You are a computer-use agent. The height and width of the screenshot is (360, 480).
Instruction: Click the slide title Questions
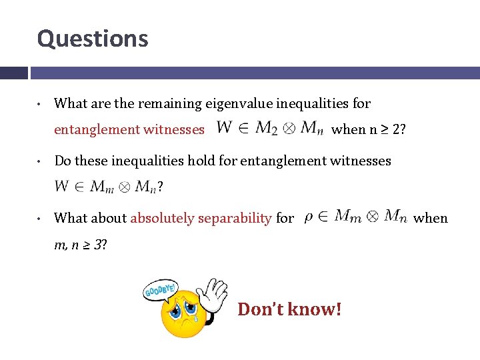point(93,39)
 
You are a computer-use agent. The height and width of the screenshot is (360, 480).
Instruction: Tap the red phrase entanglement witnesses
point(129,129)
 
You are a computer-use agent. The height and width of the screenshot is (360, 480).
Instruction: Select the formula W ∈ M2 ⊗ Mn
point(270,127)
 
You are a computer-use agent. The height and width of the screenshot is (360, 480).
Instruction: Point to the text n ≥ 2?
point(387,129)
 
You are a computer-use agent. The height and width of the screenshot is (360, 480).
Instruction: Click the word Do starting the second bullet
point(62,161)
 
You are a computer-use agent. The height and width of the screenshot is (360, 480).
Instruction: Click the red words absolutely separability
point(201,218)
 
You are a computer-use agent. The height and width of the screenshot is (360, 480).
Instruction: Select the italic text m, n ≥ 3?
point(81,245)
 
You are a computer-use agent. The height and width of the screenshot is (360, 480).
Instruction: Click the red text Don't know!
point(289,309)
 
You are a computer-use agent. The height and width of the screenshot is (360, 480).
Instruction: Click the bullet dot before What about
point(41,219)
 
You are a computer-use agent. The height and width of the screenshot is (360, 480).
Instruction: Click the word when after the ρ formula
point(431,218)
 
